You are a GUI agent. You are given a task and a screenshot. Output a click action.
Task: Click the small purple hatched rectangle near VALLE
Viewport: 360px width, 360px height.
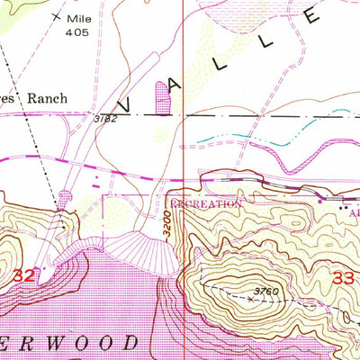pos(162,97)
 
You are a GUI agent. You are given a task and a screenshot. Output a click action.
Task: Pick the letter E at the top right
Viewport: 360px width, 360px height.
pos(312,15)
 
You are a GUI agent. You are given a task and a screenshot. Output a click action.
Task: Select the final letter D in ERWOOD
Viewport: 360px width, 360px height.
pos(131,343)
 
